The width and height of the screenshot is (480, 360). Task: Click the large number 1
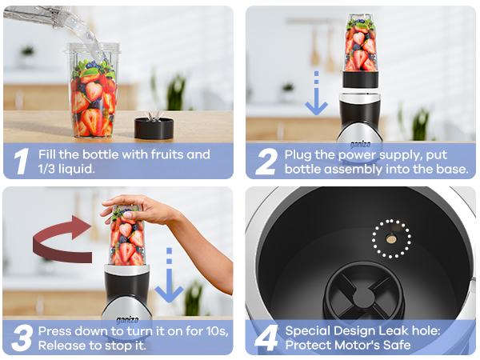[22, 161]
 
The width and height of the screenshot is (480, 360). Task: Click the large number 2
[266, 161]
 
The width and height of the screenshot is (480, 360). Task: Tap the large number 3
[22, 337]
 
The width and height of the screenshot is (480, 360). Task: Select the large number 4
[266, 337]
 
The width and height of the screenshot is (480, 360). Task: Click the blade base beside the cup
[154, 126]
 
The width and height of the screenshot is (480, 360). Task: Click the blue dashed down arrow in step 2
[317, 94]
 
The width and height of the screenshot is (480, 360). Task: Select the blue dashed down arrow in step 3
[169, 275]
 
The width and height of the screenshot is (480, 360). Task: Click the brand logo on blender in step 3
[126, 318]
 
